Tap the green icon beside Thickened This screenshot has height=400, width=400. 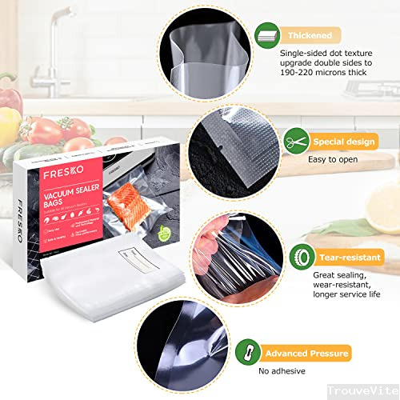266,36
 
